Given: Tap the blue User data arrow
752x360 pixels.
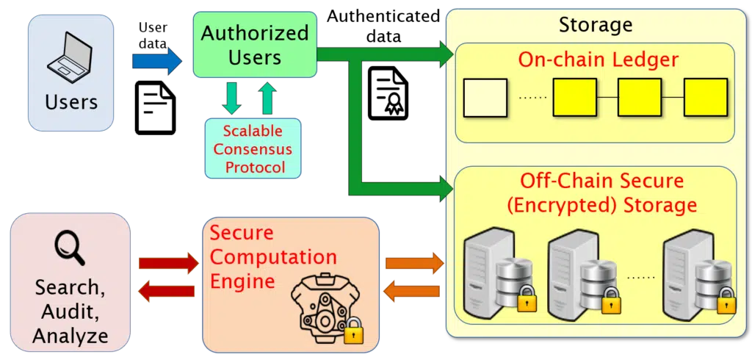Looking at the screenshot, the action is click(x=157, y=61).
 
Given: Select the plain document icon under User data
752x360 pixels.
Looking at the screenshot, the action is click(x=156, y=107).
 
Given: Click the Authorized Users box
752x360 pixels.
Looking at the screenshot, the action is click(x=255, y=45).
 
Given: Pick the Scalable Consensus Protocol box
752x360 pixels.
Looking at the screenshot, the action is click(x=253, y=149).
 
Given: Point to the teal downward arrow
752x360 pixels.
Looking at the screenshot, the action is click(x=232, y=98).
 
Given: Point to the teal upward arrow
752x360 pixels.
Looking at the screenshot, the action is click(x=268, y=98).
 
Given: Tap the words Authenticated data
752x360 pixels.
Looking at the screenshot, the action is click(x=383, y=26).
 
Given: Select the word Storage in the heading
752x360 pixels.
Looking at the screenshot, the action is click(x=596, y=25).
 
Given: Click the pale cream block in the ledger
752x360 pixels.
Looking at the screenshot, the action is click(x=485, y=98).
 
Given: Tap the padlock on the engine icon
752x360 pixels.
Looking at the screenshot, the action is click(x=353, y=329).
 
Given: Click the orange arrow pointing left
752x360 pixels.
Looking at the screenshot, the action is click(x=412, y=292).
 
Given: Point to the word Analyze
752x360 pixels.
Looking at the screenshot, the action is click(x=70, y=336).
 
